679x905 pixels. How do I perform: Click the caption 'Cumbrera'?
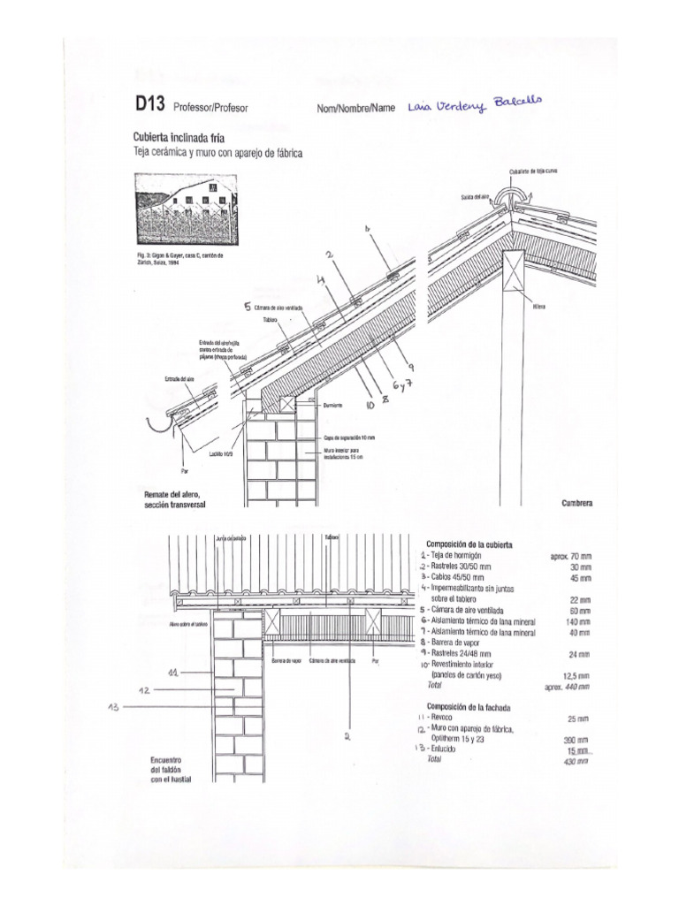pyautogui.click(x=576, y=504)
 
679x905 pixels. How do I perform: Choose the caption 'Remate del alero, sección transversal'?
pyautogui.click(x=179, y=499)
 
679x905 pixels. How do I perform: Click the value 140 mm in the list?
pyautogui.click(x=577, y=621)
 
